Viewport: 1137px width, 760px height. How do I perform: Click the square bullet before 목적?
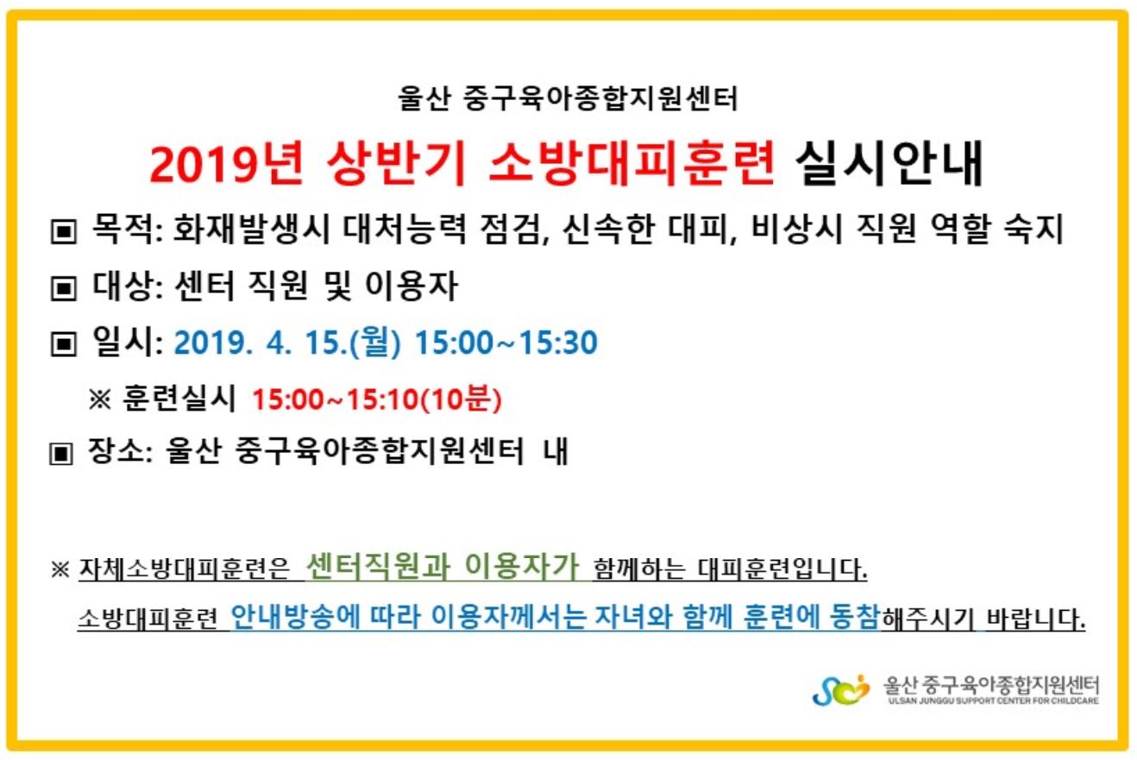pos(64,231)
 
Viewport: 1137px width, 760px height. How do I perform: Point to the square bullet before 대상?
pos(64,288)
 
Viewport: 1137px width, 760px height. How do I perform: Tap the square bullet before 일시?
pos(64,344)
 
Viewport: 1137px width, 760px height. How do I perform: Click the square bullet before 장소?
pos(61,453)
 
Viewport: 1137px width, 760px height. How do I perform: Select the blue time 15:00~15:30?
pos(506,342)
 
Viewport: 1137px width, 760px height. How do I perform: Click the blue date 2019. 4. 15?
pos(261,342)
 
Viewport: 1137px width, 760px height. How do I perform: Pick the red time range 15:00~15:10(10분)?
pos(377,399)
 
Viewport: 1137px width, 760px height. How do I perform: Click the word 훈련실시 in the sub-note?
pos(179,398)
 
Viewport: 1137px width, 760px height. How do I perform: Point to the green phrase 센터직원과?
pos(378,567)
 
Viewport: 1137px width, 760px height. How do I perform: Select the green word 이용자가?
pos(522,567)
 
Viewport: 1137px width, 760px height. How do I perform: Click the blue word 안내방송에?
pos(294,618)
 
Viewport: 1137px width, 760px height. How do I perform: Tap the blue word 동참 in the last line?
pos(854,618)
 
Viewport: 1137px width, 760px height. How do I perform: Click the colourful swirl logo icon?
pos(840,690)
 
